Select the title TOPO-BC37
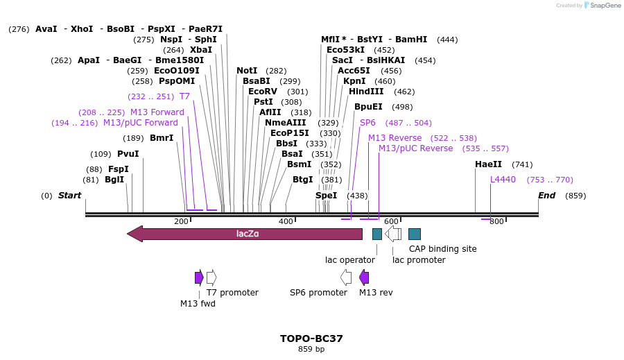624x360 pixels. pyautogui.click(x=311, y=338)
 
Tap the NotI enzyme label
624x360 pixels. pyautogui.click(x=247, y=71)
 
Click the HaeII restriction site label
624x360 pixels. pyautogui.click(x=488, y=164)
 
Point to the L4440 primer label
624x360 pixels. pyautogui.click(x=503, y=180)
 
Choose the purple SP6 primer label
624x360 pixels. pyautogui.click(x=367, y=123)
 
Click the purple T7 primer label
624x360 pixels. pyautogui.click(x=184, y=96)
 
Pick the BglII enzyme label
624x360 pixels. pyautogui.click(x=114, y=180)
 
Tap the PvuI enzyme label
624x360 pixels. pyautogui.click(x=128, y=154)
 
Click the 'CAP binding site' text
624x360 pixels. pyautogui.click(x=442, y=248)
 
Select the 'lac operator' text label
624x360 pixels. pyautogui.click(x=350, y=260)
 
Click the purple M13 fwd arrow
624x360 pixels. pyautogui.click(x=199, y=277)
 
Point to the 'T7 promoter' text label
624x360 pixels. pyautogui.click(x=232, y=293)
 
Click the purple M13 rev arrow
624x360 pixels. pyautogui.click(x=364, y=277)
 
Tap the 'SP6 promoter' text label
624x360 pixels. pyautogui.click(x=318, y=293)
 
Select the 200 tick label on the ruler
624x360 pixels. pyautogui.click(x=181, y=221)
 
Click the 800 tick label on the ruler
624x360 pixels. pyautogui.click(x=496, y=221)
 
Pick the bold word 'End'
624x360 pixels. pyautogui.click(x=546, y=196)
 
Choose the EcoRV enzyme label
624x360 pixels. pyautogui.click(x=263, y=92)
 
